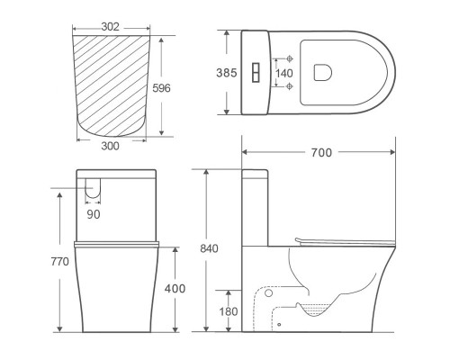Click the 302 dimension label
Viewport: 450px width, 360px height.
pos(110,27)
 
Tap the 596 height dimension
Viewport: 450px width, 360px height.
pos(161,88)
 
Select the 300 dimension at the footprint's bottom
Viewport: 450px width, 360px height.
pos(110,146)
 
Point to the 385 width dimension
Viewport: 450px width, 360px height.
pos(227,73)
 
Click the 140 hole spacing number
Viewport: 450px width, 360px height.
pos(283,73)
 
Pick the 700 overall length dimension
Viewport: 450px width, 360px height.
pos(321,153)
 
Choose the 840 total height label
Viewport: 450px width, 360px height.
pos(209,248)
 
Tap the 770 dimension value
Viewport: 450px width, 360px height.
pos(59,262)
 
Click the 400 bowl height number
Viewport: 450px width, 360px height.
pos(175,289)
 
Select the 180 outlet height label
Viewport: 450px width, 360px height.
pos(229,311)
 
